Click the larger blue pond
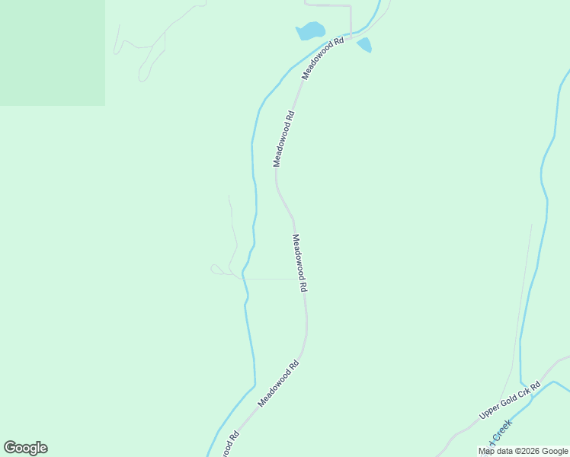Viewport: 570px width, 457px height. click(310, 31)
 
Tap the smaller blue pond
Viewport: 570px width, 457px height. click(364, 45)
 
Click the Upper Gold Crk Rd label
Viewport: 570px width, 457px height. click(509, 400)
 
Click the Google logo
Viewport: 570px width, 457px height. click(25, 448)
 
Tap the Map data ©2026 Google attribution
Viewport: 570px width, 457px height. click(524, 451)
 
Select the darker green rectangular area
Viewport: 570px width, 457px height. click(52, 52)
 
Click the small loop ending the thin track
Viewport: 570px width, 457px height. click(216, 269)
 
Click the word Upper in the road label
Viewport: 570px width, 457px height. click(489, 411)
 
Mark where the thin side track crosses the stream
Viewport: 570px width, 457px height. click(244, 277)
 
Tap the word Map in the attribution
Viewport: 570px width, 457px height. click(486, 451)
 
